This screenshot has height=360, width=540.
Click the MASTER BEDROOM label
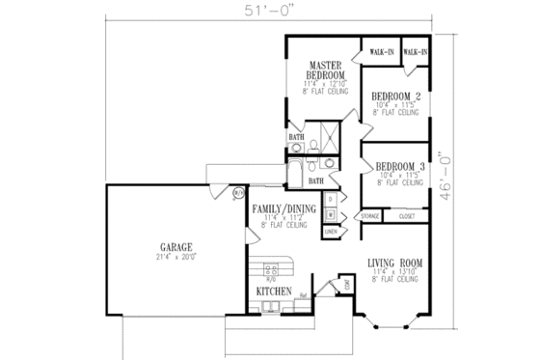click(x=321, y=70)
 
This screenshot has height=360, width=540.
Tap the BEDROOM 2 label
click(x=396, y=96)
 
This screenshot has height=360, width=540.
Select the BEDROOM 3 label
click(x=398, y=165)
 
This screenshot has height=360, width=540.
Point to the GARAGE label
click(x=161, y=246)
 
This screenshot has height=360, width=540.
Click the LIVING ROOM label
click(x=396, y=263)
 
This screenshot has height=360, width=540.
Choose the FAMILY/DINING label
click(x=283, y=208)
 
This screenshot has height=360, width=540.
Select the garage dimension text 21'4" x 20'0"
click(x=161, y=257)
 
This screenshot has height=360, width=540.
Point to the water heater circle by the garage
click(x=238, y=193)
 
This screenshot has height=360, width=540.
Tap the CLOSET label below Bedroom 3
click(x=406, y=217)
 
